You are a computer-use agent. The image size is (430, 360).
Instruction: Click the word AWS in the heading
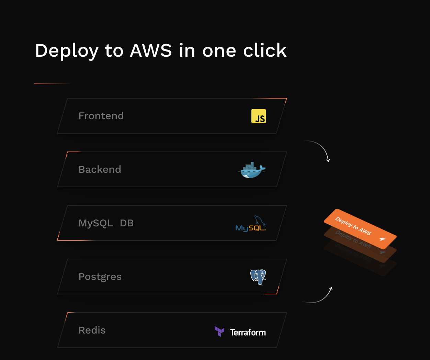(x=151, y=50)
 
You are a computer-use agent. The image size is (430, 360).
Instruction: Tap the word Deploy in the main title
(x=67, y=51)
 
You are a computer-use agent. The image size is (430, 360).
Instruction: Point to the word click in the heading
(x=265, y=50)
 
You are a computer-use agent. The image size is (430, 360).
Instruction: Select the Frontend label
(x=101, y=116)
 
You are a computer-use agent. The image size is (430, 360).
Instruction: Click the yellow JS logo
(x=259, y=116)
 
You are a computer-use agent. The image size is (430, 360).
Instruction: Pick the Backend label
(x=100, y=169)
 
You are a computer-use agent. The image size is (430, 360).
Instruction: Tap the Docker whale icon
(x=252, y=170)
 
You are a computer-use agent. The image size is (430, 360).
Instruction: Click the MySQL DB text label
(x=106, y=223)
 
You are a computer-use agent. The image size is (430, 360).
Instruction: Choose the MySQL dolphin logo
(x=251, y=224)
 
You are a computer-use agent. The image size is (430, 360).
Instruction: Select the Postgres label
(x=100, y=277)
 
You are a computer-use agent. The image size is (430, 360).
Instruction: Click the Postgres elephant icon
(x=258, y=277)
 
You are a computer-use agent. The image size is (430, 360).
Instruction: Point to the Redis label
(x=92, y=330)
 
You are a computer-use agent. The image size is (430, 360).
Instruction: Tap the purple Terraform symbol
(x=219, y=331)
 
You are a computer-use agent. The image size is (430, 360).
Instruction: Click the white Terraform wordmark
(x=248, y=332)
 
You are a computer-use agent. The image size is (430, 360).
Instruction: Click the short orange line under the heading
(x=53, y=84)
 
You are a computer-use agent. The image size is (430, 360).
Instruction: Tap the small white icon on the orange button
(x=382, y=239)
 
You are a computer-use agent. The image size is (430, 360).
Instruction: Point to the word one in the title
(x=219, y=50)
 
